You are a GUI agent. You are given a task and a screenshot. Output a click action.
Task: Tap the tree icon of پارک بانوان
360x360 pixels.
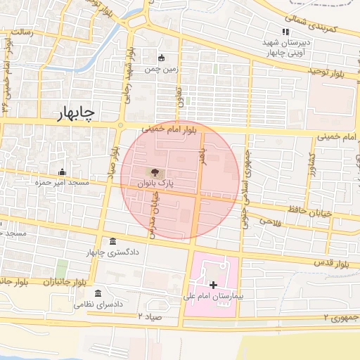click(x=154, y=172)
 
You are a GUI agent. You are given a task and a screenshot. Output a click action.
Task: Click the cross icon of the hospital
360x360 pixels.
click(x=214, y=285)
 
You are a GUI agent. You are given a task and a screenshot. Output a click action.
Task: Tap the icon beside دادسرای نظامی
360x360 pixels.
click(x=97, y=292)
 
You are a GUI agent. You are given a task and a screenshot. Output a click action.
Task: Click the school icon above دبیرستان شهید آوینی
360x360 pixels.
click(x=285, y=32)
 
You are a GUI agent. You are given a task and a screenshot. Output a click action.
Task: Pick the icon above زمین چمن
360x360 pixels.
click(x=162, y=58)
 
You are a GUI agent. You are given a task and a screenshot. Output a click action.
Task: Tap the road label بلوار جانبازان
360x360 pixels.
click(x=60, y=281)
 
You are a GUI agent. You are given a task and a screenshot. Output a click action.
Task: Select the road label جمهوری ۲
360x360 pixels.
click(x=335, y=318)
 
